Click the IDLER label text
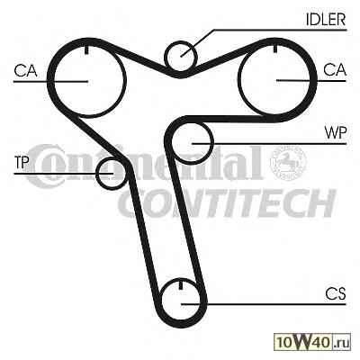click(x=326, y=19)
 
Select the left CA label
click(x=25, y=71)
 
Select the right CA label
click(x=335, y=70)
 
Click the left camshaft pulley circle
click(x=53, y=79)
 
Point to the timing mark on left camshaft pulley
click(x=86, y=49)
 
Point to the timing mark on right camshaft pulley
click(x=274, y=48)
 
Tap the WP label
click(x=336, y=132)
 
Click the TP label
click(x=22, y=163)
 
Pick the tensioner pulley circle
click(x=97, y=174)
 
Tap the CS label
click(x=336, y=294)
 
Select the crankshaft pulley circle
click(x=162, y=300)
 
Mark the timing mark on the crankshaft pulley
click(x=181, y=285)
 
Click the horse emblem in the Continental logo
click(x=288, y=163)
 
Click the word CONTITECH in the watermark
click(x=227, y=202)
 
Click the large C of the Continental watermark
click(x=42, y=166)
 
